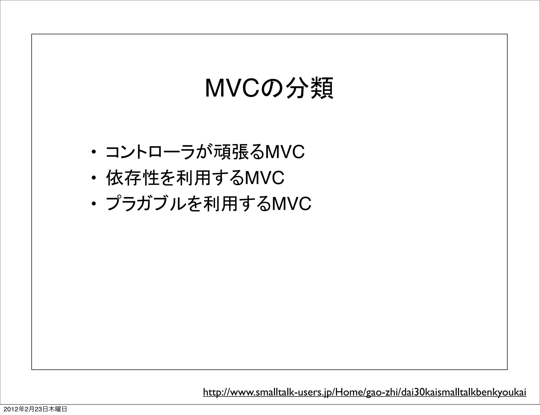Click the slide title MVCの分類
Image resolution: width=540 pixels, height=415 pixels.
click(269, 87)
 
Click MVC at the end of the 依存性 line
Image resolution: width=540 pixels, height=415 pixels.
click(264, 178)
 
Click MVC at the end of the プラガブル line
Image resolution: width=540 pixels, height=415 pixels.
click(291, 204)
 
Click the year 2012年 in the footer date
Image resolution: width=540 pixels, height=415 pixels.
click(14, 409)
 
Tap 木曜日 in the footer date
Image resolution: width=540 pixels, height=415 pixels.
click(57, 409)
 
